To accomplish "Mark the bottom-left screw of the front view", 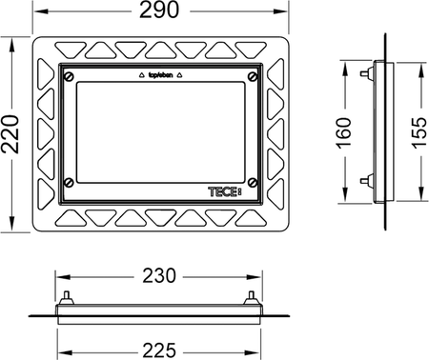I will coord(67,183).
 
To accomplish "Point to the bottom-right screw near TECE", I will coord(252,183).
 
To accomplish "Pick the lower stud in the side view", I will coord(366,179).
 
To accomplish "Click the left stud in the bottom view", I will coord(68,296).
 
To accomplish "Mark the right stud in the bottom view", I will coord(251,296).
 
